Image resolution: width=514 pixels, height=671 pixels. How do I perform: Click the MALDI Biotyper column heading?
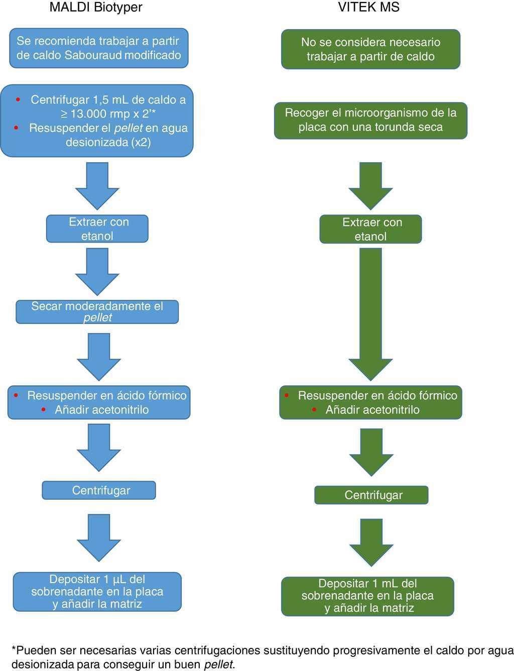point(96,8)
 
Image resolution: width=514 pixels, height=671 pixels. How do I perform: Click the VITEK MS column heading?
point(369,8)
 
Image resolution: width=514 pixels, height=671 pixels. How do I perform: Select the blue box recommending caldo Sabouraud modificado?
point(99,48)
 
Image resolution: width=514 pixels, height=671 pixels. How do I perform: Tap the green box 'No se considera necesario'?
point(370,49)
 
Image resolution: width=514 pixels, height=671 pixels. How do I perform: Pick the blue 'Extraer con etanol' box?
point(97,229)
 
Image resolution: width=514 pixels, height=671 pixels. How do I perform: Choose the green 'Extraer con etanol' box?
point(370,230)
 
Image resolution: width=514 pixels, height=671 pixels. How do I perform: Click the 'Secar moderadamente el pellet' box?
point(97,312)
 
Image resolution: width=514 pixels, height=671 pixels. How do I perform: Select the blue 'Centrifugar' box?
point(99,491)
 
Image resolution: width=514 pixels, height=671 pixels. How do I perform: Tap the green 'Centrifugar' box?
point(371,495)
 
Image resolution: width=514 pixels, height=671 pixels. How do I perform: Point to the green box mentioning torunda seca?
point(370,121)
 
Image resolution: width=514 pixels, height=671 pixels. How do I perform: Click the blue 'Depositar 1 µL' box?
point(97,592)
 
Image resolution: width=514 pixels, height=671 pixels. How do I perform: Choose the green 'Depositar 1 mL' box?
point(367,596)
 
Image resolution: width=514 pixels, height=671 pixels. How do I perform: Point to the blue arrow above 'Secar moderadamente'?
point(97,271)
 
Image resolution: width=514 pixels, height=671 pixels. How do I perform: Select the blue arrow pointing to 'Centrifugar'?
point(99,447)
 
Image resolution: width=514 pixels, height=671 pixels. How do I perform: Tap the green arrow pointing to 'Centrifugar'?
point(371,452)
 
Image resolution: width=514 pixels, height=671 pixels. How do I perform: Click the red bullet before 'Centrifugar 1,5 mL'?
point(19,99)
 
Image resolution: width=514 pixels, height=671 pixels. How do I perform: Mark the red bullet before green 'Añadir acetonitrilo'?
point(315,410)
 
